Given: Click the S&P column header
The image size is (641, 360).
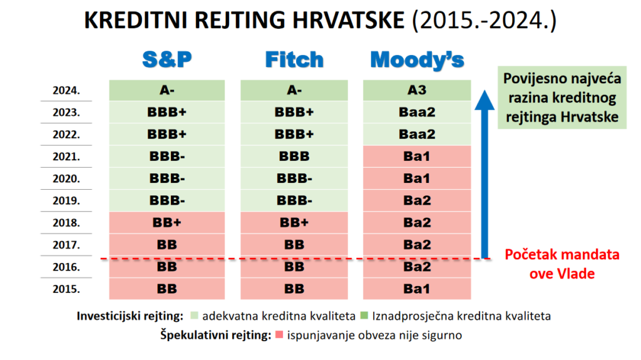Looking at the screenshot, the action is tap(167, 59).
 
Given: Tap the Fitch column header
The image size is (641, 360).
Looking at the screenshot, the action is tap(294, 59).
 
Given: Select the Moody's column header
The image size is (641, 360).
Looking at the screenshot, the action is tap(417, 60).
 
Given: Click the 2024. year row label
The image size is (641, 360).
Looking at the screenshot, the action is tap(66, 90).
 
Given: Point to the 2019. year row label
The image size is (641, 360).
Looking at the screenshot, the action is tap(66, 201).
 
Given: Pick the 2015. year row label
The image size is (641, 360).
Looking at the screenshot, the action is tap(66, 289).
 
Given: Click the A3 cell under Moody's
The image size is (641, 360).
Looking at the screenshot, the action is tap(417, 90).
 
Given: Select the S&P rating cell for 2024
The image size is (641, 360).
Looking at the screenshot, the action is tap(167, 90).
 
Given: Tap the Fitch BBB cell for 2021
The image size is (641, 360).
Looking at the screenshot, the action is tap(294, 157).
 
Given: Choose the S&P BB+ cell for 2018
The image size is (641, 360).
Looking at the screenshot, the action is tap(167, 223).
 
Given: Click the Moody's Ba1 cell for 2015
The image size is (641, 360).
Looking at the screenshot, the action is tap(417, 289).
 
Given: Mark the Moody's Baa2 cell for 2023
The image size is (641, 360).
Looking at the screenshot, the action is tap(417, 113).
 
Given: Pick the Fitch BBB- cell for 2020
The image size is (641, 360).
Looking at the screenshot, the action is tap(294, 179).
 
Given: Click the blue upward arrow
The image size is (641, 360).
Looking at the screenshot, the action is tap(485, 174).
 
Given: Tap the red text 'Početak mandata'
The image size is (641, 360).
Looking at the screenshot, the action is tap(562, 255).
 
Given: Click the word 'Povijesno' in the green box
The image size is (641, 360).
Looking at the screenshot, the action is tap(531, 78).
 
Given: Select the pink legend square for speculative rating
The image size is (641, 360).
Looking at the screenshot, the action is tap(279, 334).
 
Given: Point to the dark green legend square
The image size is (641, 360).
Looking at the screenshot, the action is tap(364, 316).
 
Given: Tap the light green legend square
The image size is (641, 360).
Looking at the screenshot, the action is tap(194, 316).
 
